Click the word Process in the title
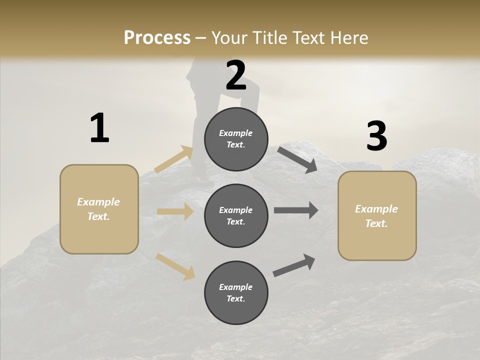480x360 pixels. (157, 38)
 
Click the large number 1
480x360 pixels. (99, 128)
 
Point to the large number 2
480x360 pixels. (236, 75)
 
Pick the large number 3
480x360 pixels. (376, 136)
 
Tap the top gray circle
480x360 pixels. (236, 138)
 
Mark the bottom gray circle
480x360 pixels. (236, 292)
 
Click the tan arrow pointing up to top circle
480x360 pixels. (174, 159)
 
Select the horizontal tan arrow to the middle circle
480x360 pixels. (175, 211)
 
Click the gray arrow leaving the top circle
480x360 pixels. (297, 159)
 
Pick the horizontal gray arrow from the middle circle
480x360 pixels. (296, 210)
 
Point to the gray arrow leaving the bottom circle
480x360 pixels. (294, 265)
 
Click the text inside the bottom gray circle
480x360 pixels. (236, 293)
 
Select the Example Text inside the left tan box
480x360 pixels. (98, 209)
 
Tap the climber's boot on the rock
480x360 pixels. (202, 181)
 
